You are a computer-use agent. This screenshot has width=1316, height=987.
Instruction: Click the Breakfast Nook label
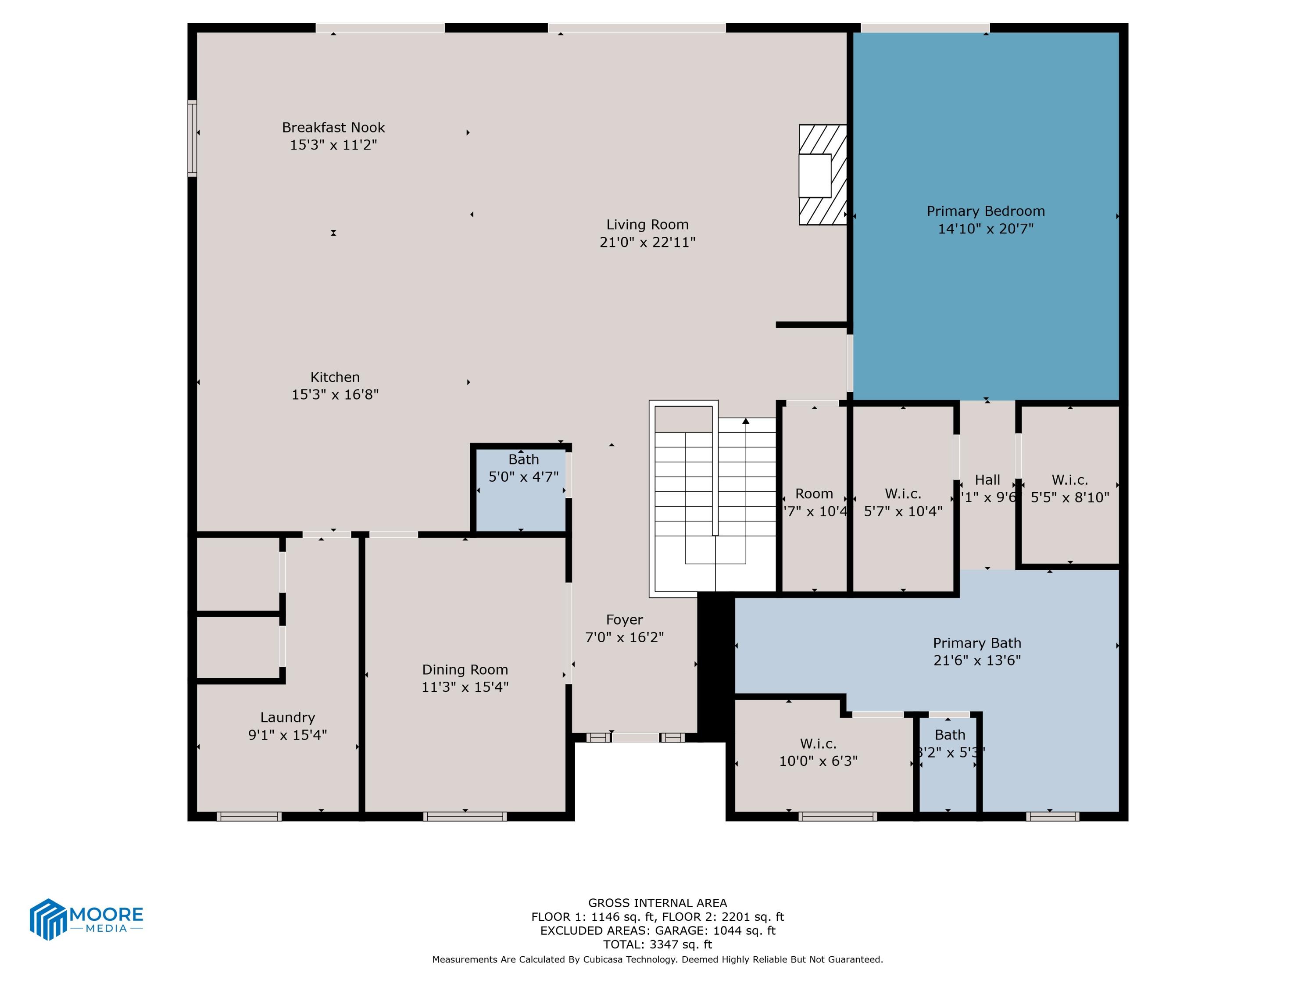tap(333, 127)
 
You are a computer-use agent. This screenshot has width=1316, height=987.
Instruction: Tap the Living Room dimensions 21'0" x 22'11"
tap(647, 242)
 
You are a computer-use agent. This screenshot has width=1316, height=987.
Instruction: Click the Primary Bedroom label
tap(985, 211)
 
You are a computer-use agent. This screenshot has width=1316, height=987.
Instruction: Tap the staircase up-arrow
tap(745, 421)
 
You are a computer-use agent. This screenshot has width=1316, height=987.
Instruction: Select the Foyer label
tap(624, 620)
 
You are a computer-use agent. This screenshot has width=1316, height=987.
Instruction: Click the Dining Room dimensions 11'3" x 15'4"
tap(465, 687)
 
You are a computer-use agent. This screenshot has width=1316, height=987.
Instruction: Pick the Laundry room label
tap(287, 718)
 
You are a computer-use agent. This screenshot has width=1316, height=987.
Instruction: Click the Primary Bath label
tap(977, 643)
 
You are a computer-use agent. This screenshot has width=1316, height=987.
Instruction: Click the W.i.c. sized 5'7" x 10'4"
tap(902, 502)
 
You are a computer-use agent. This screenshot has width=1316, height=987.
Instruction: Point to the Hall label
tap(987, 479)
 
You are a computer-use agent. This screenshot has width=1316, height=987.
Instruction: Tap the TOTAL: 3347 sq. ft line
tap(658, 944)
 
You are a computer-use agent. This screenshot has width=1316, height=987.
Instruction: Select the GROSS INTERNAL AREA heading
tap(658, 902)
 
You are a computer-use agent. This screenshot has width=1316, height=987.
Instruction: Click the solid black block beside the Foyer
tap(716, 666)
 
